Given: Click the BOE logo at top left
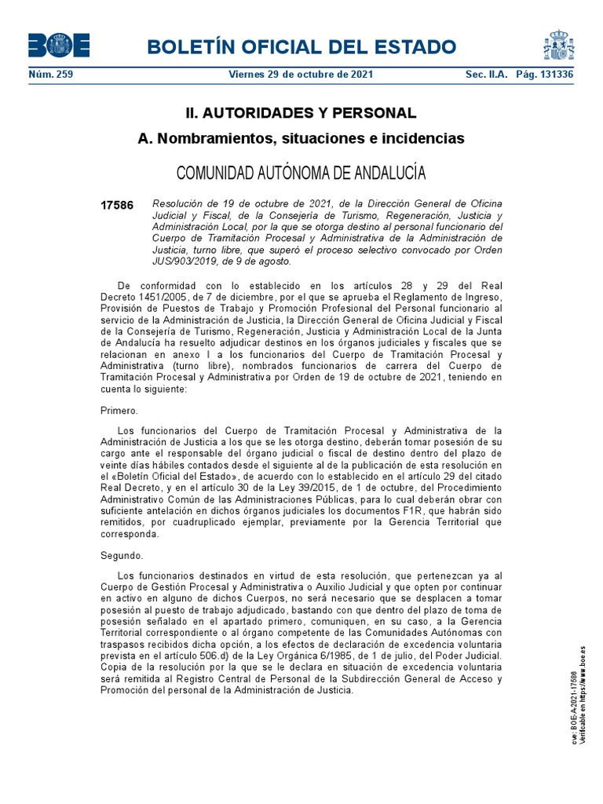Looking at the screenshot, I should pyautogui.click(x=59, y=46).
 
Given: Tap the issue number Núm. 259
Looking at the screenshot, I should pyautogui.click(x=50, y=75).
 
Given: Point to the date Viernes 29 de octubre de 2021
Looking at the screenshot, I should pyautogui.click(x=301, y=75).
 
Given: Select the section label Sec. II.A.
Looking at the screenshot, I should pyautogui.click(x=482, y=75).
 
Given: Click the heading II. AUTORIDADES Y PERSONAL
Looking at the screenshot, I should pyautogui.click(x=301, y=112).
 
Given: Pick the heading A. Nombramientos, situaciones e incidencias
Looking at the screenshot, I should pyautogui.click(x=301, y=138).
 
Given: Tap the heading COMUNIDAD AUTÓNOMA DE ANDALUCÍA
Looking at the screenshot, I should pyautogui.click(x=301, y=172).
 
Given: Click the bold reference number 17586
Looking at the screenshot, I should pyautogui.click(x=117, y=206).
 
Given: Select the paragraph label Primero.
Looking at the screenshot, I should pyautogui.click(x=119, y=410).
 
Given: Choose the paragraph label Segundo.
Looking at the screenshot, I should pyautogui.click(x=122, y=555).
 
